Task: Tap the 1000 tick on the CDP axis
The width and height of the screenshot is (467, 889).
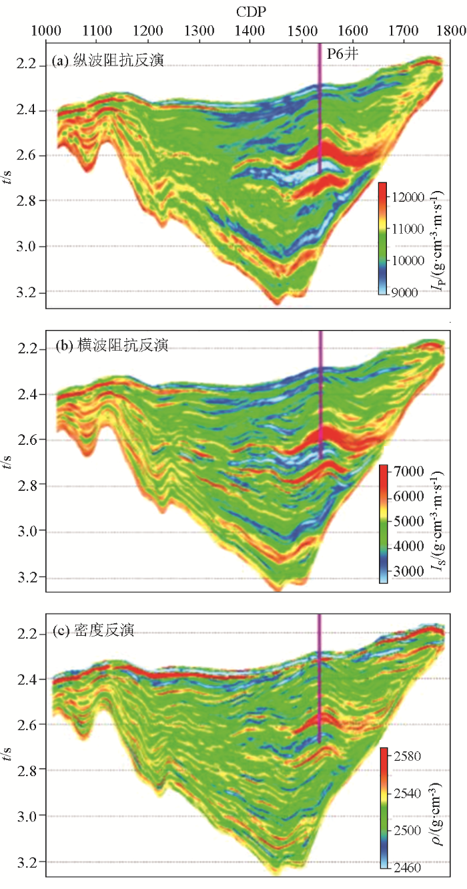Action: click(x=45, y=30)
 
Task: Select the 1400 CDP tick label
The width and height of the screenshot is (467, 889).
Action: click(x=250, y=30)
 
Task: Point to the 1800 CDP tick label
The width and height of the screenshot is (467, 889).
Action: click(x=453, y=30)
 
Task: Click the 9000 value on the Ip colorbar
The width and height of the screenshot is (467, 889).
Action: click(x=408, y=292)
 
